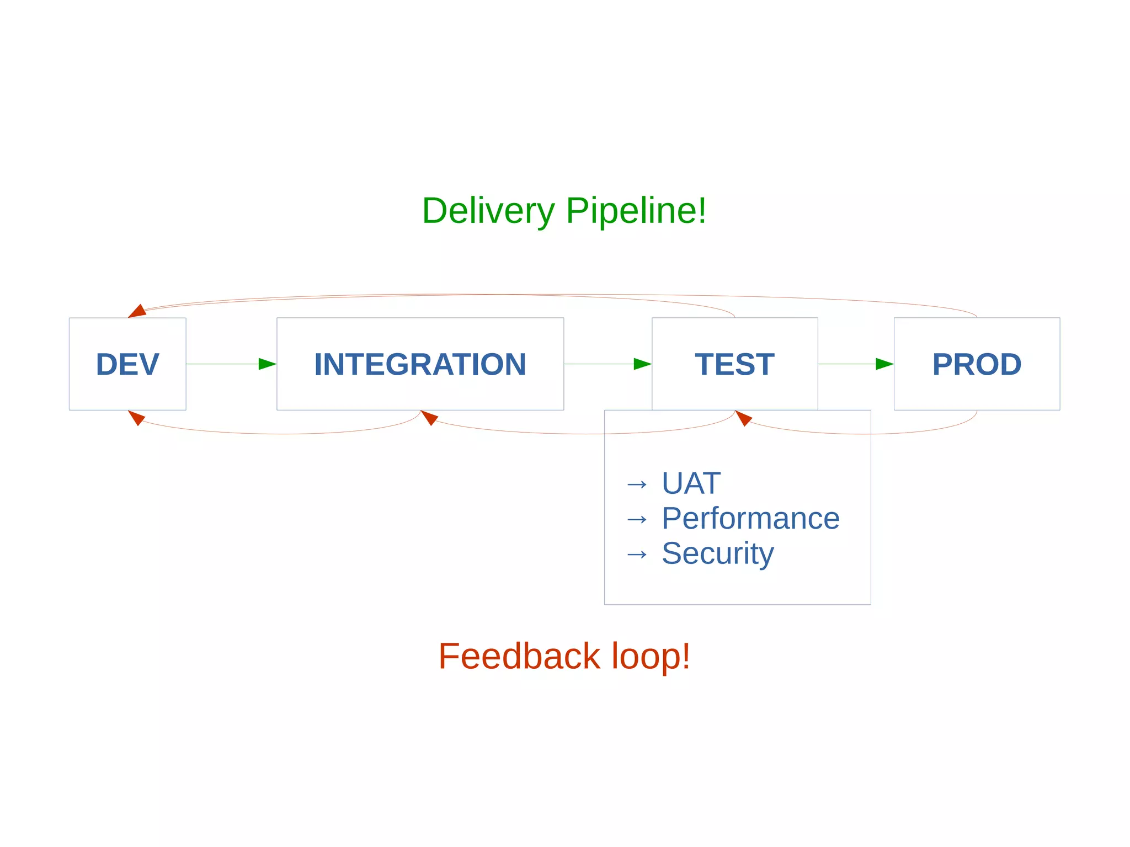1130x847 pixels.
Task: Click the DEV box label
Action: [x=127, y=364]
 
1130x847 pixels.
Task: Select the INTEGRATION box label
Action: [x=420, y=364]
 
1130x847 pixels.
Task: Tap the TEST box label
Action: [x=734, y=364]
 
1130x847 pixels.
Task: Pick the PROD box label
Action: [x=977, y=364]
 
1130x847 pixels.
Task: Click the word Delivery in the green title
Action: [x=488, y=211]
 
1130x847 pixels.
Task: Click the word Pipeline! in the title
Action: [x=636, y=211]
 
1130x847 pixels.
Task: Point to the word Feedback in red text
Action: [x=519, y=656]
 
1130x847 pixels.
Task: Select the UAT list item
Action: [x=691, y=483]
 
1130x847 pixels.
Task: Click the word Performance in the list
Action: [x=750, y=518]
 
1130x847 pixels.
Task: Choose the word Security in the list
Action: [x=717, y=553]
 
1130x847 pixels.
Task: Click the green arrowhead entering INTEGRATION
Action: [x=267, y=364]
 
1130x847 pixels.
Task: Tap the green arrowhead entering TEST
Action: [x=642, y=364]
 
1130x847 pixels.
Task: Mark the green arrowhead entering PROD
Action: [x=884, y=364]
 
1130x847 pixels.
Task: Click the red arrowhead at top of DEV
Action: [x=137, y=311]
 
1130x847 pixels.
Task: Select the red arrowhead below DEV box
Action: [x=136, y=417]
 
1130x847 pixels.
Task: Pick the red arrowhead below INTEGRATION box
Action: [x=429, y=417]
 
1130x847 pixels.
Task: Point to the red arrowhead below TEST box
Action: [x=743, y=418]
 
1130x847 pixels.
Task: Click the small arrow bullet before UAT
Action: [x=637, y=484]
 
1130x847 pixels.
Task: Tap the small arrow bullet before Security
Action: [x=637, y=554]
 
